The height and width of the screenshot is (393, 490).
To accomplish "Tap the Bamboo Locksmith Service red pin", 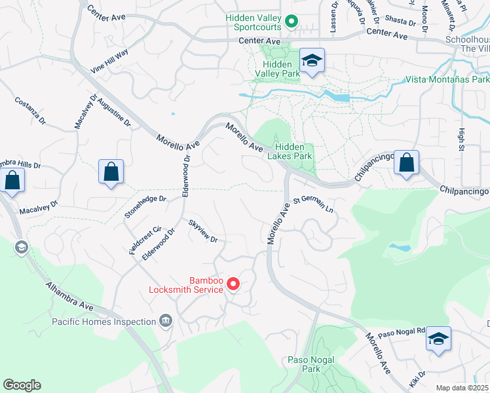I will click(233, 284).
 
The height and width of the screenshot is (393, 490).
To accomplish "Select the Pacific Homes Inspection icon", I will click(166, 321).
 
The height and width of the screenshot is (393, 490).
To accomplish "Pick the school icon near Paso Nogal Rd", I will click(438, 339).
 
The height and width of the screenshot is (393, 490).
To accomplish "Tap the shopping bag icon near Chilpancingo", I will click(407, 163).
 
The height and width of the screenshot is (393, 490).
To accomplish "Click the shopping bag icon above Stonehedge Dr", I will click(111, 172).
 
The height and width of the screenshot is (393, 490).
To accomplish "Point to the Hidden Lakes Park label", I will click(293, 152).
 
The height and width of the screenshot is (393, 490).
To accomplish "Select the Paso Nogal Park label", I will click(311, 364).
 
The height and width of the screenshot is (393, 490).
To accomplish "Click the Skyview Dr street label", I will click(202, 231).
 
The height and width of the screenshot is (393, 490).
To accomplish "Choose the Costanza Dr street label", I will click(30, 111).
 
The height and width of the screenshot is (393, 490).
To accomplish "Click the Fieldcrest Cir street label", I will click(145, 240).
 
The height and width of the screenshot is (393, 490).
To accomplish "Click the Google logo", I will click(22, 385).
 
